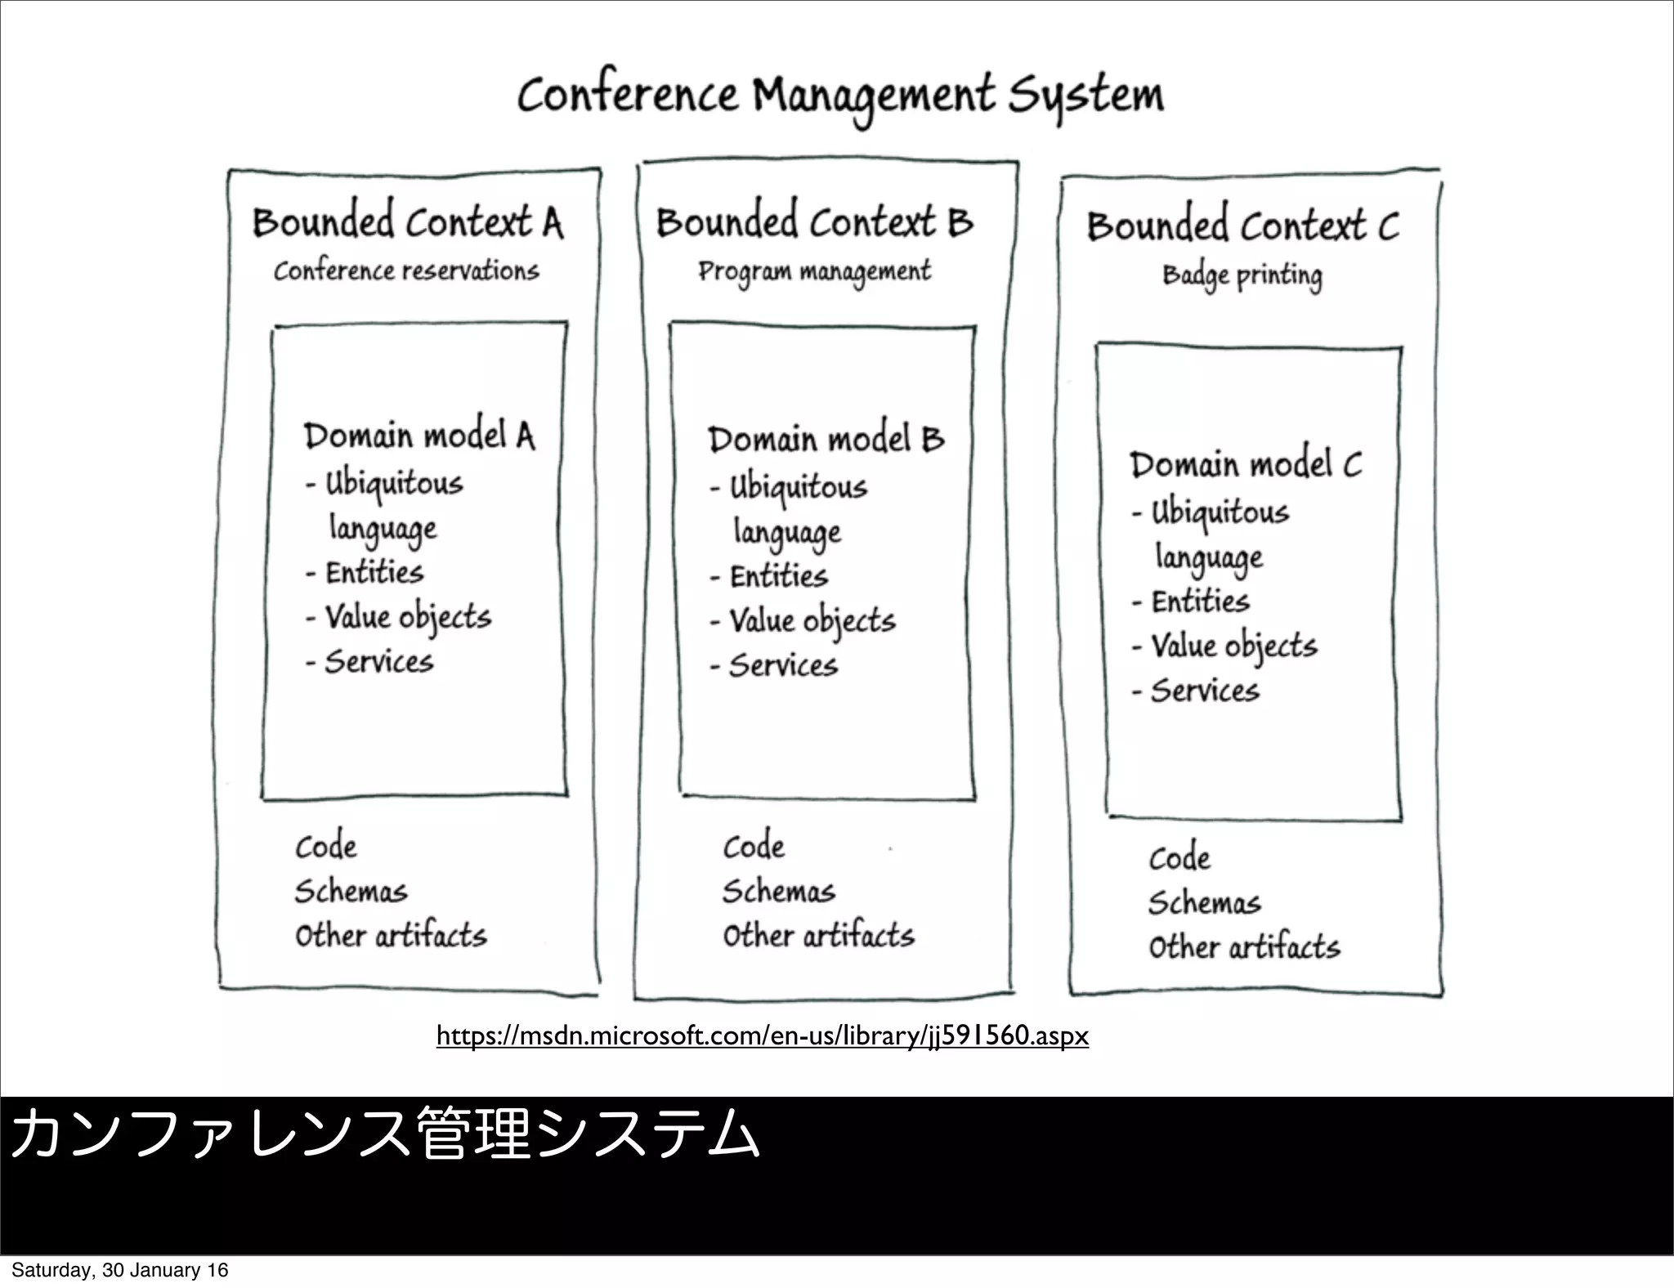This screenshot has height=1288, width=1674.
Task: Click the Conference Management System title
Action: click(840, 96)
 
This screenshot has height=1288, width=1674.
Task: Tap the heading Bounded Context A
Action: click(407, 222)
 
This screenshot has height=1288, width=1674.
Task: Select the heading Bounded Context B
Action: click(814, 222)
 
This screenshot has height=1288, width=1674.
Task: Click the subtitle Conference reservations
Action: click(406, 271)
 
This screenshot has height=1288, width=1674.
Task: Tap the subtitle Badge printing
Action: click(1242, 276)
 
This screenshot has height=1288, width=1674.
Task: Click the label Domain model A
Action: click(419, 436)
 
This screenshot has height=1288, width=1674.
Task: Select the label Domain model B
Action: click(826, 440)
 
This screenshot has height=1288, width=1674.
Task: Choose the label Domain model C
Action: click(1246, 465)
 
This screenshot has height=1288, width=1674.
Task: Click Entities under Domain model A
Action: click(374, 572)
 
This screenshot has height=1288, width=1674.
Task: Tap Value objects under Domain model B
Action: click(812, 621)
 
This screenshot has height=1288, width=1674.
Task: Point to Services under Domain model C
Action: click(1205, 691)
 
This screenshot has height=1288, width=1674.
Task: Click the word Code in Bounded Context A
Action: click(326, 847)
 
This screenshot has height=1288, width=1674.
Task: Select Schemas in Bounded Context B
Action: click(778, 892)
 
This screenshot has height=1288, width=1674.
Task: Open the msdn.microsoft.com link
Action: click(762, 1036)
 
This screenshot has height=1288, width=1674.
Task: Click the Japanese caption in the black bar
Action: click(384, 1134)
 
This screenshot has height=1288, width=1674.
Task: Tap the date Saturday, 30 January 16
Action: click(119, 1270)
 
